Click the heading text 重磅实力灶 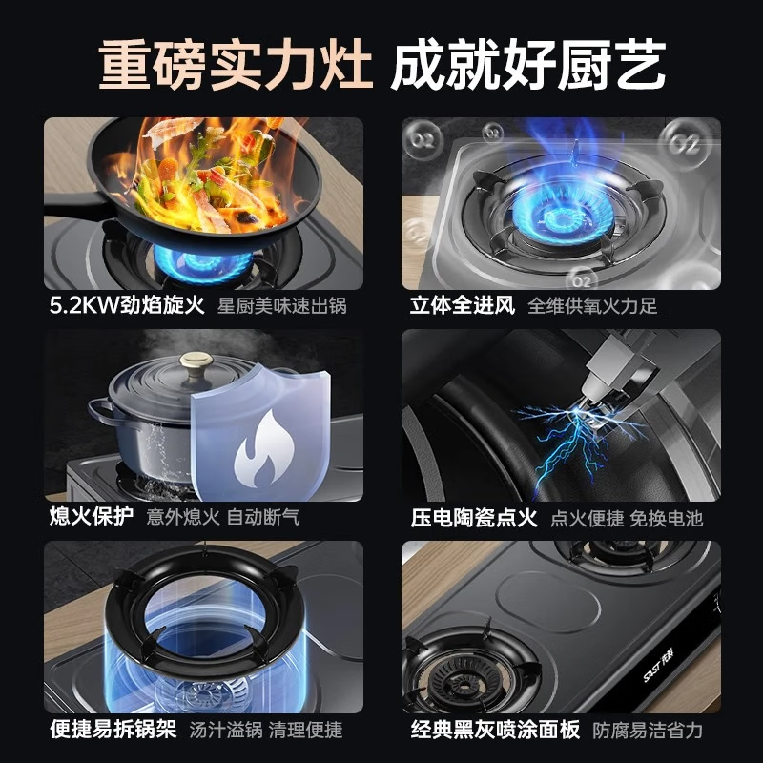pos(236,65)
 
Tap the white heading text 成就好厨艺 pos(528,65)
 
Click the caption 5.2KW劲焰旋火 pos(127,306)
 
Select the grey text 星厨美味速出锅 pos(281,306)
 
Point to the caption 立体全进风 pos(463,306)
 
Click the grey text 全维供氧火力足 pos(592,306)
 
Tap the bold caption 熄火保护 pos(92,517)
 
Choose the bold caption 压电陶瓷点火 pos(473,517)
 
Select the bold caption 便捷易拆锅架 pos(113,729)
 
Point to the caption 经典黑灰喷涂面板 pos(495,730)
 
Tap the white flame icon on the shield pos(264,449)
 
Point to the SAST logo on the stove pos(658,664)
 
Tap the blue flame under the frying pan pos(203,264)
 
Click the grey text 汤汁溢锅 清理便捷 pos(266,730)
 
